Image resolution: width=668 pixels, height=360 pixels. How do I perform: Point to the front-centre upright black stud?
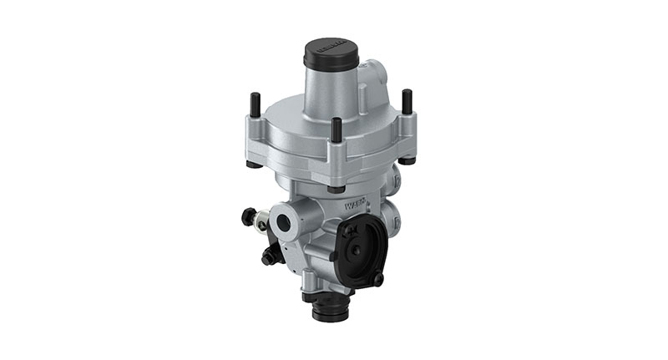coord(335,129)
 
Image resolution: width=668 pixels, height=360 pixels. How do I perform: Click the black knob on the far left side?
coord(248,216)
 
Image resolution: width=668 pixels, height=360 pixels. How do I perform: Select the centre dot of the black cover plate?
coord(356,249)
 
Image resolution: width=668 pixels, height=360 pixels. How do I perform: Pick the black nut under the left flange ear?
coord(254,164)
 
